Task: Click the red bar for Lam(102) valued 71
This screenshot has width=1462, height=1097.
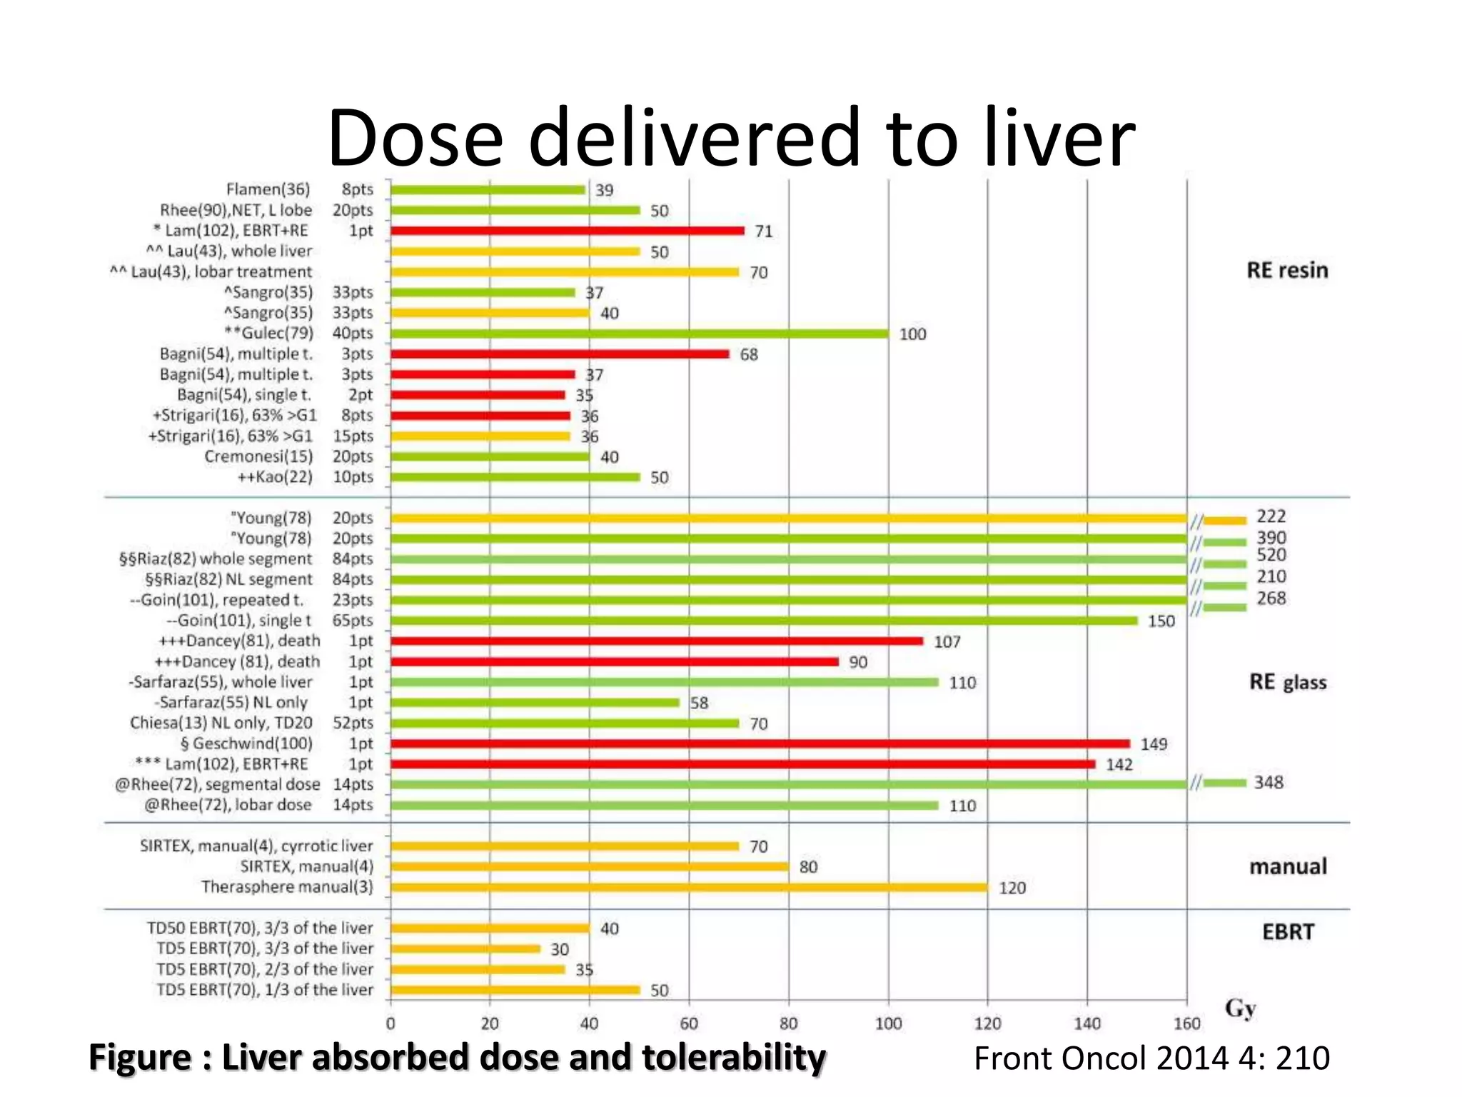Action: click(568, 231)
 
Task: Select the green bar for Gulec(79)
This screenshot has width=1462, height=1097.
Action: click(639, 334)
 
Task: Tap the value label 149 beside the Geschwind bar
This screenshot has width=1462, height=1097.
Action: click(1154, 744)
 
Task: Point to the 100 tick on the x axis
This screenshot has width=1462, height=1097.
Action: click(888, 1023)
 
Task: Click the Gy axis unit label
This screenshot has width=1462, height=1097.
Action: click(1240, 1008)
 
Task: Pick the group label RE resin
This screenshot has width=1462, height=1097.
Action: click(1287, 271)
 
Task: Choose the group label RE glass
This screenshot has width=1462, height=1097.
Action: click(1287, 682)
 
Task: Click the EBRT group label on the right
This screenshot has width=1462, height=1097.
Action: click(1288, 932)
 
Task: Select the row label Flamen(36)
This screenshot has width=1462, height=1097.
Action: click(268, 189)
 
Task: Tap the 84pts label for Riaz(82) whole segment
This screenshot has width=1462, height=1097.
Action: click(353, 558)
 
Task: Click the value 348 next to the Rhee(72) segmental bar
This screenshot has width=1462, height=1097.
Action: click(1269, 783)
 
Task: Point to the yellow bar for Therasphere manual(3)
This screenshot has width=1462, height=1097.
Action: click(689, 888)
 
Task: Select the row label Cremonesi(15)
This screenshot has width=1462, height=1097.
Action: click(258, 456)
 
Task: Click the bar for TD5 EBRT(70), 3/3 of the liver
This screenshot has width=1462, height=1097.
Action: click(465, 949)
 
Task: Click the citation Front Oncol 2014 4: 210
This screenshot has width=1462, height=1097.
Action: click(1151, 1058)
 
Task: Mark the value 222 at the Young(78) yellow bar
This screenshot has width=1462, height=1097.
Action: click(1271, 516)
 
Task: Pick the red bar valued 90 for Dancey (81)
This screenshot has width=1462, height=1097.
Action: click(614, 662)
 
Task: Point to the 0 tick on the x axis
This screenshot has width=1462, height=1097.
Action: click(390, 1023)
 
